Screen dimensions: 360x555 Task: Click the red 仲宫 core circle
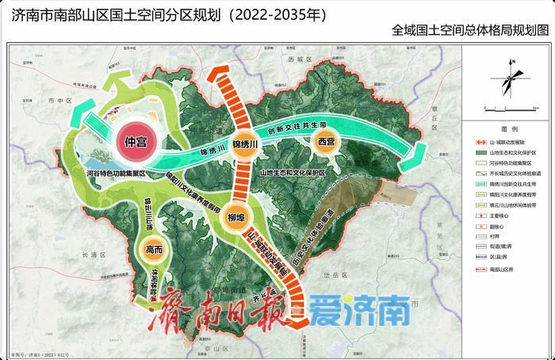135,144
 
